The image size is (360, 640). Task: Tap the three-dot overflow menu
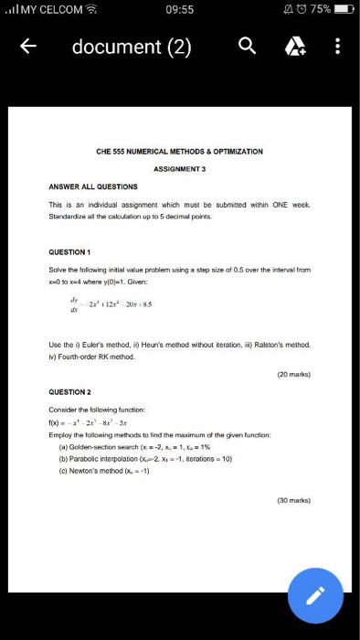[x=337, y=47]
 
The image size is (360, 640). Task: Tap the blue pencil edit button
[x=315, y=596]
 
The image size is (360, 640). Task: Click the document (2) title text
[x=132, y=47]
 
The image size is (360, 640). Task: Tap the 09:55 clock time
[x=181, y=9]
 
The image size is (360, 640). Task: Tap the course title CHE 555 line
[x=179, y=150]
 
